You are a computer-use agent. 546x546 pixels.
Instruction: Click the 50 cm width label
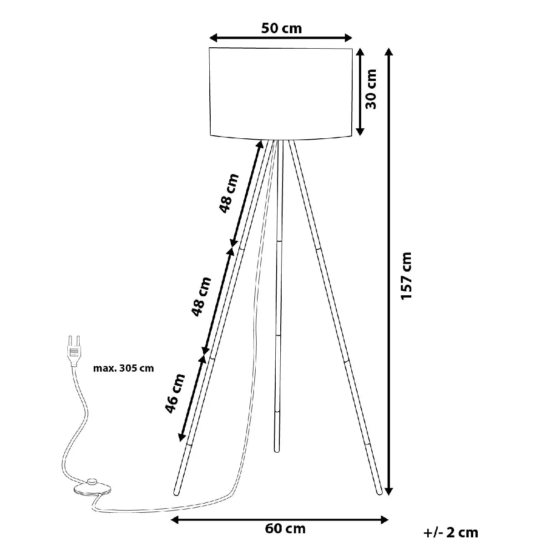pos(281,28)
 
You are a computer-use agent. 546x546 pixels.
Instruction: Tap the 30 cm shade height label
pos(371,89)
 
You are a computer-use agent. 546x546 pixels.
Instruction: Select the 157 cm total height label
pos(406,275)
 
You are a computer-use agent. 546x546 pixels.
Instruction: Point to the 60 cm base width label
pos(285,529)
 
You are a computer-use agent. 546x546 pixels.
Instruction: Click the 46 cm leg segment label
pos(175,394)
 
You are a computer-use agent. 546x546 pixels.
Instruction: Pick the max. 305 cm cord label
pos(124,369)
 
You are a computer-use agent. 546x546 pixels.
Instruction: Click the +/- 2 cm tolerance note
pos(451,533)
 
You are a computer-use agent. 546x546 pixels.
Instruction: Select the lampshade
pos(281,94)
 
